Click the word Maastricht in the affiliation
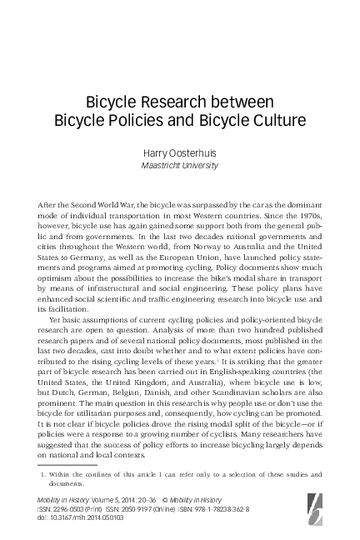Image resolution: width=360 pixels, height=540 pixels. (x=162, y=165)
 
